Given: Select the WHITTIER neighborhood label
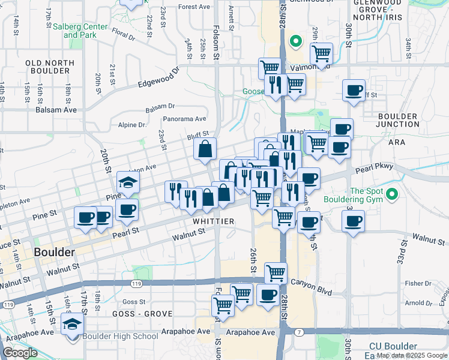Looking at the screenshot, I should click(x=213, y=221).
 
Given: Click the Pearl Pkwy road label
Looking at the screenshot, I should click(x=376, y=170).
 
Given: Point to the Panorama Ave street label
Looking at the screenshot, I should click(x=187, y=119).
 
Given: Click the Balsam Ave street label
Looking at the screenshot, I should click(x=56, y=110).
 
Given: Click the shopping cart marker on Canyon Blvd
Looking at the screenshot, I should click(x=276, y=273).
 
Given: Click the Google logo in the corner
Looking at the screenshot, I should click(x=20, y=353).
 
